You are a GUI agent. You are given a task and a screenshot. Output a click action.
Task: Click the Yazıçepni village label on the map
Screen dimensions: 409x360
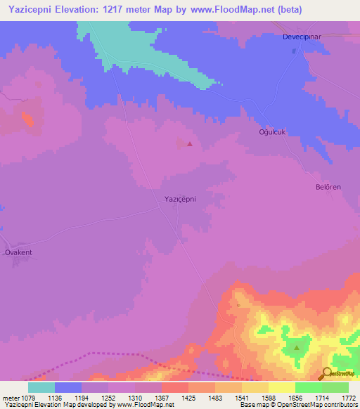pos(175,199)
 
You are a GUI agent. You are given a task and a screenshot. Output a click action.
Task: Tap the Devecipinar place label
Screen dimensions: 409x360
pos(302,36)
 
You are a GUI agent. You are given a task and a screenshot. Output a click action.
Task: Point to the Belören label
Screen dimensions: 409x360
pos(328,188)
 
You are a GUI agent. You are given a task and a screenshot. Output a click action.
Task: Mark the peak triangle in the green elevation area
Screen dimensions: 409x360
pos(297,347)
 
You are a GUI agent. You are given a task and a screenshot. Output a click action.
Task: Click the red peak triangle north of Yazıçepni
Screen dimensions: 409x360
pos(189,144)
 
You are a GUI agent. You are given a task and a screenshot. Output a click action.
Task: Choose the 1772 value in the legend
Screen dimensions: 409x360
pos(348,397)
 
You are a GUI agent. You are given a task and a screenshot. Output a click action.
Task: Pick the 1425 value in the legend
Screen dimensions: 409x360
pos(188,397)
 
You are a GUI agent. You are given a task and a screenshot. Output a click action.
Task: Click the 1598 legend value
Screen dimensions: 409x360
pos(268,397)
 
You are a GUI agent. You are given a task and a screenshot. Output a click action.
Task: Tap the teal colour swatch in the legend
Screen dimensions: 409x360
pos(41,387)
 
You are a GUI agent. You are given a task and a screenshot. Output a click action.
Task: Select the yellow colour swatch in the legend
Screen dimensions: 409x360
pos(282,387)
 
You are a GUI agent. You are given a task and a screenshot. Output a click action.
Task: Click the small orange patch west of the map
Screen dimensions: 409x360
pos(27,119)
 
